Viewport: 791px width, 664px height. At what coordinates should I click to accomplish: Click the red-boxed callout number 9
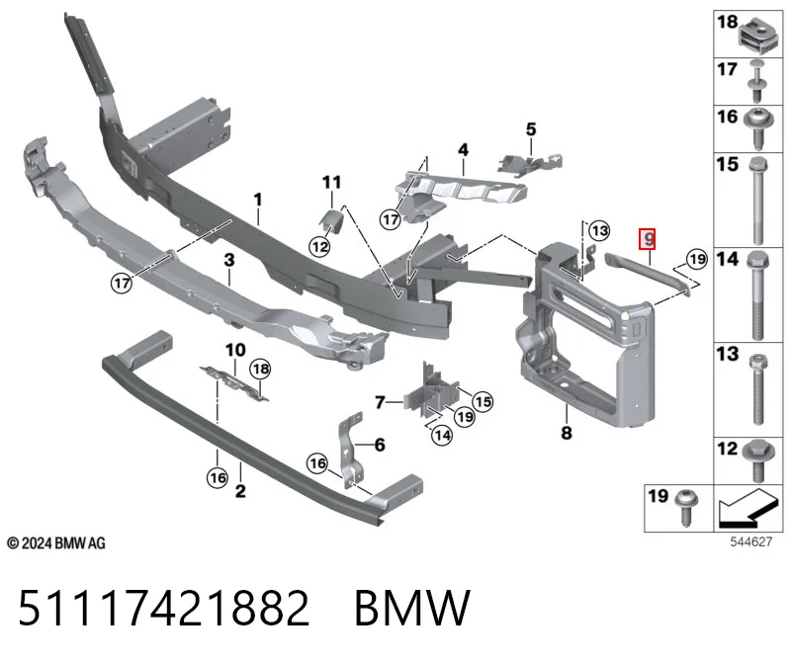(x=648, y=238)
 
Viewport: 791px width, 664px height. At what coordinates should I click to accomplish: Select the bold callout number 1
(x=258, y=200)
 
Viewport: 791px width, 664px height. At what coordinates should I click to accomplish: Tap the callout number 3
(x=229, y=260)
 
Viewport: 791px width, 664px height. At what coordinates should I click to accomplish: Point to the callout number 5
(x=531, y=129)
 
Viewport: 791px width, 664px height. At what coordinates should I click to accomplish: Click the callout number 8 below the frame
(x=567, y=433)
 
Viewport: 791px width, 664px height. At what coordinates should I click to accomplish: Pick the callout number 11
(x=331, y=182)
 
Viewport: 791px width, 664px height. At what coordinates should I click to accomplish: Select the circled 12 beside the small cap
(x=319, y=247)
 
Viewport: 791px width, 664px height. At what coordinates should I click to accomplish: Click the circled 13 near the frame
(x=599, y=231)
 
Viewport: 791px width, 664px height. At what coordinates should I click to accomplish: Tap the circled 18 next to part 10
(x=260, y=370)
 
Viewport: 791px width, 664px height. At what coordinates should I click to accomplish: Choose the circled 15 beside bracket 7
(x=483, y=402)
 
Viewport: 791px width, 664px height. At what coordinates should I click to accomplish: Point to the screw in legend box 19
(x=687, y=507)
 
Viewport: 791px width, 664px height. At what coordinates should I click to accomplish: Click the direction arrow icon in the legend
(x=747, y=508)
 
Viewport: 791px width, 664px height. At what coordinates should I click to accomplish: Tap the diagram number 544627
(x=751, y=542)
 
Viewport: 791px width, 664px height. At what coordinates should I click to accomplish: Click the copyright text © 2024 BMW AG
(x=56, y=543)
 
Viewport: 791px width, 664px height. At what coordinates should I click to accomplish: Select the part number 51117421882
(x=163, y=608)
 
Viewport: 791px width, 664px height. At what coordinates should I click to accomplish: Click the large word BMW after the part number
(x=412, y=608)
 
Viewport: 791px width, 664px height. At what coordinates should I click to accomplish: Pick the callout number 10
(x=235, y=350)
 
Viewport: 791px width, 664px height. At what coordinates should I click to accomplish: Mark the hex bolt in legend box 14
(x=757, y=295)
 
